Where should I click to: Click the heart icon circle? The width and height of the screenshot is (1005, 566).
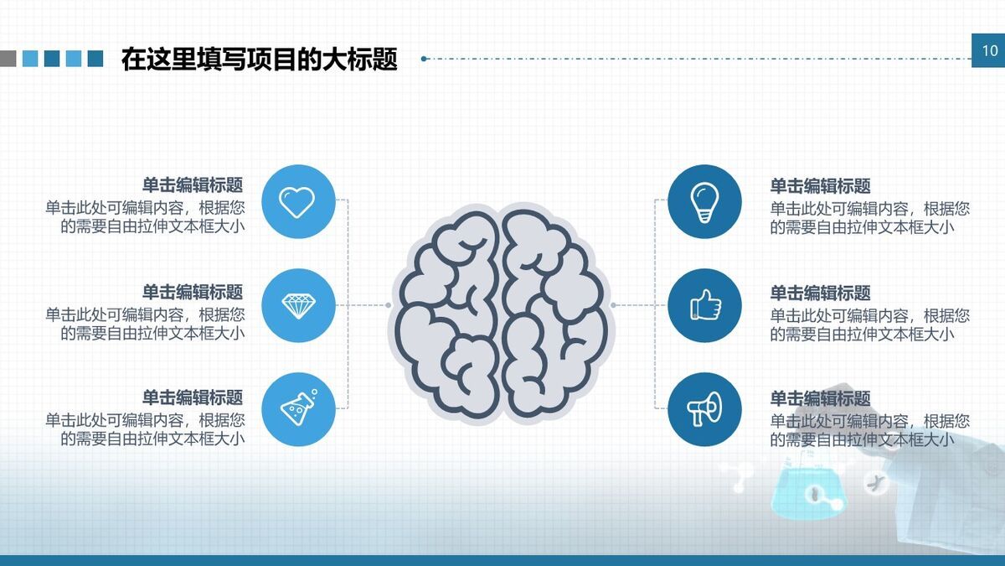(297, 201)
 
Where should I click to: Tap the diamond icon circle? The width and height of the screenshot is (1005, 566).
(297, 305)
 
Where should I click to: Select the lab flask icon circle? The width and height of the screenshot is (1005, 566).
(297, 409)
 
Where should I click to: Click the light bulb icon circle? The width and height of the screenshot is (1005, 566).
(704, 201)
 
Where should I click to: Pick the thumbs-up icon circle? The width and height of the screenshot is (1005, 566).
(704, 305)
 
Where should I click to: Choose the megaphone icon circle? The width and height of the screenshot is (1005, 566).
(704, 409)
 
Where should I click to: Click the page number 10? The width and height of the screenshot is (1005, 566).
(988, 51)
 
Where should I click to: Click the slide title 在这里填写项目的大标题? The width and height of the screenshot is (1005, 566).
(259, 60)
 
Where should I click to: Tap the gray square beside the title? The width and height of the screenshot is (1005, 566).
(8, 58)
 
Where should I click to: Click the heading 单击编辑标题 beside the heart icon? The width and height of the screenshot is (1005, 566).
(193, 185)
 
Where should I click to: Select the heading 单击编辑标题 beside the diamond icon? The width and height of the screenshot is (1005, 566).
(193, 292)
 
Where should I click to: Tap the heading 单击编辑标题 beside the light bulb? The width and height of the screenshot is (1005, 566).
(821, 186)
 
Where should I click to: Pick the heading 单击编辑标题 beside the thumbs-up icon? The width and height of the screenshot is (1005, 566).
(821, 293)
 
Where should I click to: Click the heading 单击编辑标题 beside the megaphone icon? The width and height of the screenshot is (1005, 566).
(821, 398)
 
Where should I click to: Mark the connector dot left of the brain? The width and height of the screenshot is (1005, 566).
(389, 305)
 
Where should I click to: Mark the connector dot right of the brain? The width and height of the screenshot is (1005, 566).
(613, 305)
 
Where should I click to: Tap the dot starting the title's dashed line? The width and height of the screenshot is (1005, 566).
(424, 59)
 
